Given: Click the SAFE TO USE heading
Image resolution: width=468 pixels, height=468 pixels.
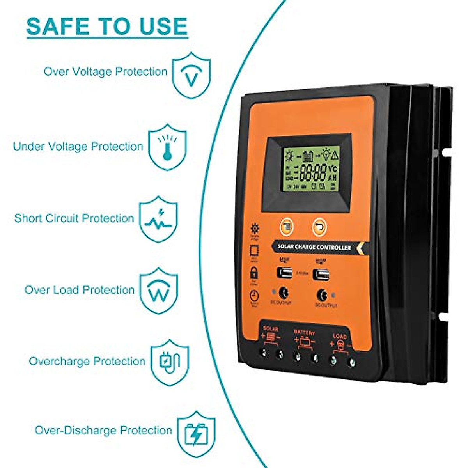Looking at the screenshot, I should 107,26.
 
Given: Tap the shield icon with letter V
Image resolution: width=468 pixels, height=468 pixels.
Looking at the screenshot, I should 191,75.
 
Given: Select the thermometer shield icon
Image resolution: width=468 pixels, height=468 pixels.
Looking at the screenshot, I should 167,147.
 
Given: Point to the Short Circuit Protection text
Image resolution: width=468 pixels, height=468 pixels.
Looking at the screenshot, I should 74,218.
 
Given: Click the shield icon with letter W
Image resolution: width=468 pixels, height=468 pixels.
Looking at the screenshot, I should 159,291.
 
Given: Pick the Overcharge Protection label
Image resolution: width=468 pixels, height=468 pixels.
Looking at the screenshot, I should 87,361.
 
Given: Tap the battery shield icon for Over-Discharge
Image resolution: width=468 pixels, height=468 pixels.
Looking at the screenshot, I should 196,431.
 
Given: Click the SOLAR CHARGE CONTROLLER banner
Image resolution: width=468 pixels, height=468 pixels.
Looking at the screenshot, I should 314,247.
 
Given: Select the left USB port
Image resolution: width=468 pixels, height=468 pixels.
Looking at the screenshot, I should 285,273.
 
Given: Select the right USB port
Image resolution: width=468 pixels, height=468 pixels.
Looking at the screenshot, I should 321,275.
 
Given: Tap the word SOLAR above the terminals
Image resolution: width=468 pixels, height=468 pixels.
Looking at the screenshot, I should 271,329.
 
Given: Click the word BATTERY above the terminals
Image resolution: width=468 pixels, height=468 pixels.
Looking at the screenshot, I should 304,333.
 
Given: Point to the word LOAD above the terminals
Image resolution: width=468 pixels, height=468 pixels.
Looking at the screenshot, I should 340,336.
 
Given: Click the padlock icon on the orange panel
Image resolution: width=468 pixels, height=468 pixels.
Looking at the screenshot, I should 254,272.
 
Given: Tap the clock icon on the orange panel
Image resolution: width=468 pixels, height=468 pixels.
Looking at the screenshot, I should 253,296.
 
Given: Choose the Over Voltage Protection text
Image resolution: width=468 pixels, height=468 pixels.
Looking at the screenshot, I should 105,72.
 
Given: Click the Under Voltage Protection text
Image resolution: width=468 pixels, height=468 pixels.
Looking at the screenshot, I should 78,147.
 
